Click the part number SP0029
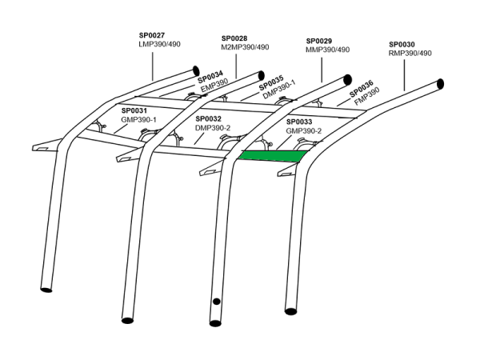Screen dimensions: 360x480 (x=319, y=40)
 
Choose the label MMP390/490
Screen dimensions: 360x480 (x=329, y=50)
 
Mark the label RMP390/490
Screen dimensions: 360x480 (x=410, y=54)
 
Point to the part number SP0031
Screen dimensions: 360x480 (x=134, y=110)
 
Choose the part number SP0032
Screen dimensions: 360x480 (x=209, y=118)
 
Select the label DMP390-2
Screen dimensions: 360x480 (x=213, y=127)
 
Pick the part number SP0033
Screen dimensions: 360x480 (x=298, y=121)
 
